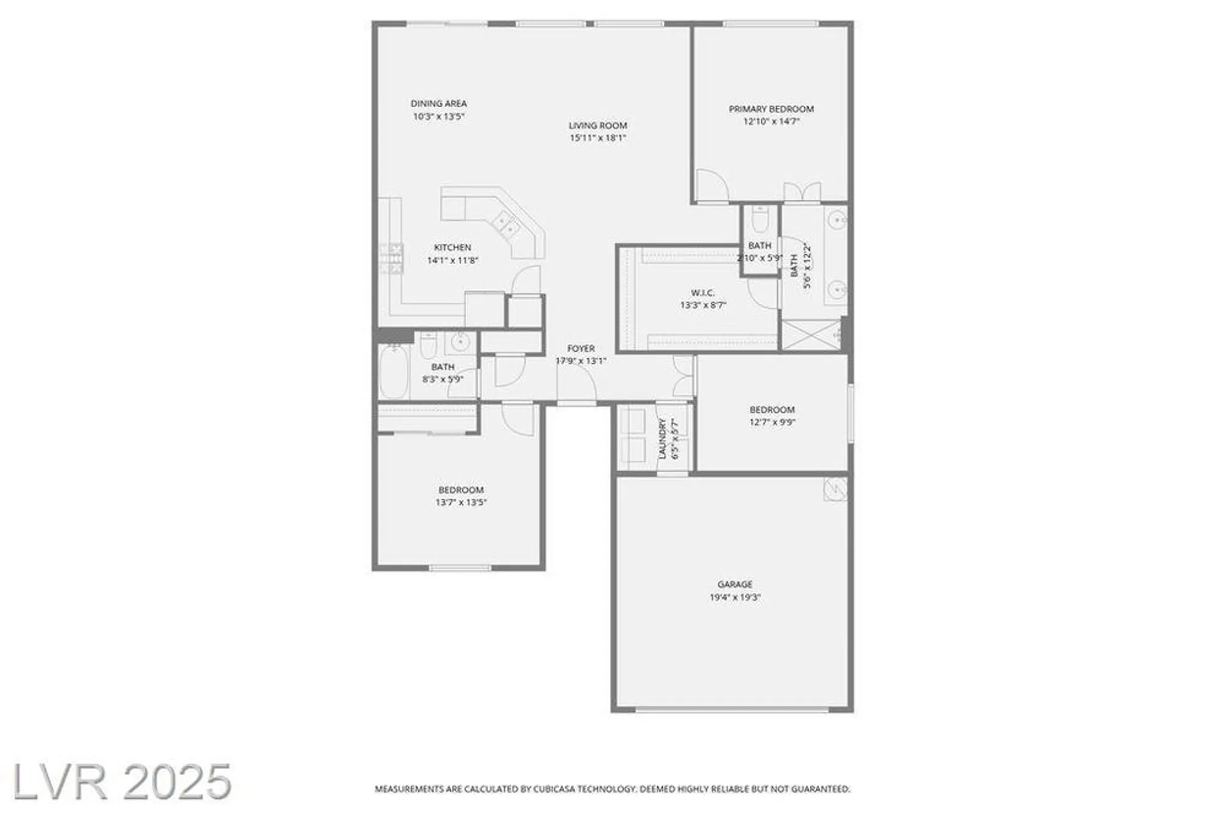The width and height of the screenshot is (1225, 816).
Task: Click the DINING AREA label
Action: [x=439, y=104]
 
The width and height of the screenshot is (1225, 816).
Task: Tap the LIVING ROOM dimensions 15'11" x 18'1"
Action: [x=598, y=138]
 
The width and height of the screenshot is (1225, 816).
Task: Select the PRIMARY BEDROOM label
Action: [x=771, y=109]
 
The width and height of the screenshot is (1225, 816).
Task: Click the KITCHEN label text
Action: [x=453, y=247]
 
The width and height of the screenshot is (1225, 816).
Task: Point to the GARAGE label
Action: [x=735, y=584]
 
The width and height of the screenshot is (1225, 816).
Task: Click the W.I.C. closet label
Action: [x=703, y=293]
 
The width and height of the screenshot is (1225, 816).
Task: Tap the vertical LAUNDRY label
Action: [x=662, y=439]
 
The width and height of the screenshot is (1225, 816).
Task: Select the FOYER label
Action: [x=581, y=349]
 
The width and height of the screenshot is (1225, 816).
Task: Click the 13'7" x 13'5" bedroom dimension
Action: [x=461, y=502]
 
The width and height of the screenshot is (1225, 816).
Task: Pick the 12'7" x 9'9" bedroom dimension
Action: [x=772, y=422]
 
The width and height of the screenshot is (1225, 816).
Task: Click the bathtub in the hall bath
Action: [x=394, y=372]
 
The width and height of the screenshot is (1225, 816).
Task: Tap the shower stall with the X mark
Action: [x=811, y=334]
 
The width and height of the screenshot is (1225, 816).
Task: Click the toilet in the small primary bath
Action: [x=760, y=218]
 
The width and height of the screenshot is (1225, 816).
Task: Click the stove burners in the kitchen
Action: [x=391, y=257]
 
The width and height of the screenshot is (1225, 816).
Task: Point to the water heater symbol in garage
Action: [x=835, y=488]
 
